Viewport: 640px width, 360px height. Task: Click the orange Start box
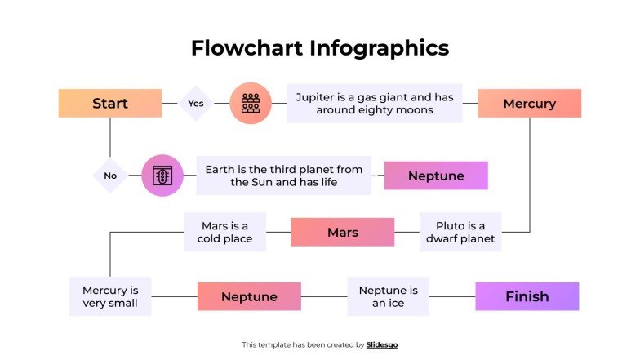[110, 104]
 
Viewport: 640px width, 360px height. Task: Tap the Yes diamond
[196, 104]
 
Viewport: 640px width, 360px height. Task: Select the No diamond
[110, 176]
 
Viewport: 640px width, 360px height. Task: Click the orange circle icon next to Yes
[250, 104]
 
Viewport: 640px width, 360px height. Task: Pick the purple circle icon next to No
[162, 176]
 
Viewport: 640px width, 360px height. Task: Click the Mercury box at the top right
[529, 104]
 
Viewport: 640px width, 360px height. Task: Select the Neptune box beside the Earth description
[436, 176]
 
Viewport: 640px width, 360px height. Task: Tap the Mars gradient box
[342, 233]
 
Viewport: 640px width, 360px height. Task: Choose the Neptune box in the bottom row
[249, 296]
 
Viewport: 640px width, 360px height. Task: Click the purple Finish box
[527, 296]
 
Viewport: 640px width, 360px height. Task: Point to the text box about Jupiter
[375, 104]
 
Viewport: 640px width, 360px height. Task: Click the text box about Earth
[283, 176]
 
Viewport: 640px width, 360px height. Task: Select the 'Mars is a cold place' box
[224, 233]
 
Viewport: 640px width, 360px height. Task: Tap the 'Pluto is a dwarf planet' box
[460, 233]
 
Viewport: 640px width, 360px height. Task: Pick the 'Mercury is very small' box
[110, 296]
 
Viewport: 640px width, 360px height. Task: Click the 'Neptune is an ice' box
[388, 296]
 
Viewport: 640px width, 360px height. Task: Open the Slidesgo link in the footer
[382, 345]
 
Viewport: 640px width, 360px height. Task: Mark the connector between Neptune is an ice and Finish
[452, 296]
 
